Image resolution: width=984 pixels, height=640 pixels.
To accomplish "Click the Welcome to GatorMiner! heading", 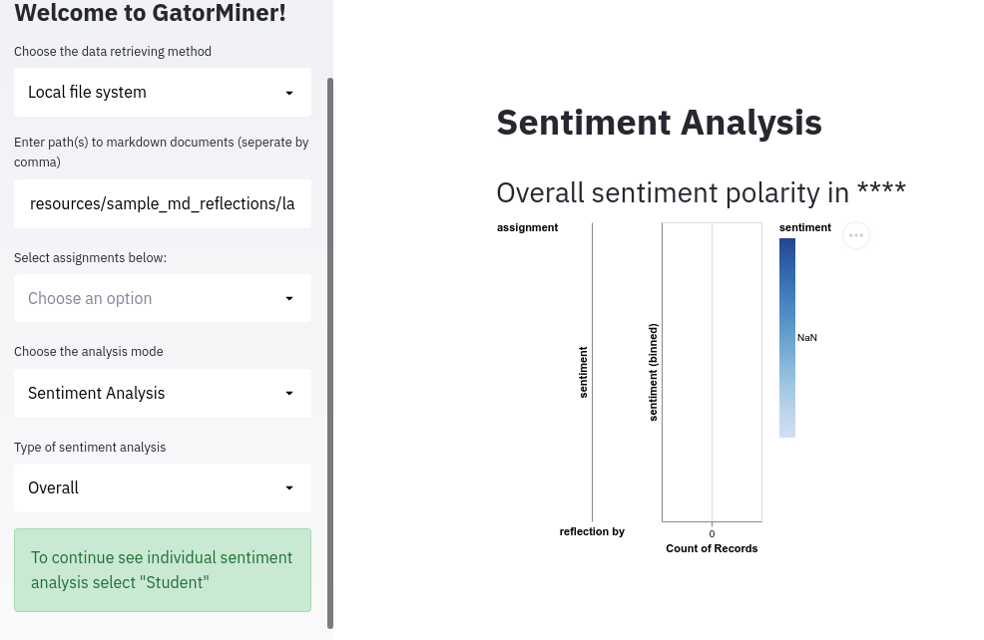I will [150, 14].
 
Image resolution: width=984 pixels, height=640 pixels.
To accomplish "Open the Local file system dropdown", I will [163, 92].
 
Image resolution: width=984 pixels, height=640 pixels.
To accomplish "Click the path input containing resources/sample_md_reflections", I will [163, 203].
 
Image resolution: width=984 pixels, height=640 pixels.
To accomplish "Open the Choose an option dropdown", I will [163, 298].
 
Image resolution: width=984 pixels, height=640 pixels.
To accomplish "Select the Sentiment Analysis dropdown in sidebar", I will [163, 393].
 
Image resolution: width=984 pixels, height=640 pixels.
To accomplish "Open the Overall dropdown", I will [163, 487].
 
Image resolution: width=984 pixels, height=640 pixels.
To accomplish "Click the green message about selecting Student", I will [163, 569].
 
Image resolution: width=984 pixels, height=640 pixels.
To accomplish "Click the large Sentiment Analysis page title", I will [659, 123].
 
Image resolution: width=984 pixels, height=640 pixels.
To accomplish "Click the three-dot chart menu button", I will [856, 234].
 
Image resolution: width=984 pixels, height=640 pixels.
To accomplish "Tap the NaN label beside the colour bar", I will [807, 338].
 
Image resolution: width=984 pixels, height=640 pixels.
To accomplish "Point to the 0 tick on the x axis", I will [712, 534].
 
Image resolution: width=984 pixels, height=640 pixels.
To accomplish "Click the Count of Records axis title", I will [712, 548].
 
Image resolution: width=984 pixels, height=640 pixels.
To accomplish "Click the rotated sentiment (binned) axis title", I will [654, 371].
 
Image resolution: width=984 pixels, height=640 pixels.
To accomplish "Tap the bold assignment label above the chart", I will [527, 227].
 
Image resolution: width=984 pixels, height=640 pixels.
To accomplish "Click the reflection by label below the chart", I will [592, 531].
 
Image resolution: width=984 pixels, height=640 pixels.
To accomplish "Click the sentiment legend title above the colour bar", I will [804, 227].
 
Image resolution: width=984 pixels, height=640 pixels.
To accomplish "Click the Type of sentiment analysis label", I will [90, 447].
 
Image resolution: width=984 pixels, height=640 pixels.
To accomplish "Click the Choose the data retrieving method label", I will [113, 51].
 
